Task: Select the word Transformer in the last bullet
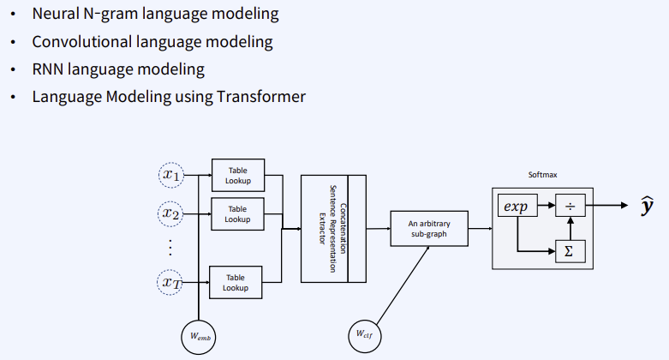pyautogui.click(x=257, y=96)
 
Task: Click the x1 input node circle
pyautogui.click(x=172, y=176)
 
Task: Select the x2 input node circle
pyautogui.click(x=172, y=213)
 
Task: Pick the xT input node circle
pyautogui.click(x=172, y=280)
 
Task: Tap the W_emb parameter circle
pyautogui.click(x=198, y=336)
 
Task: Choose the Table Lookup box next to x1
pyautogui.click(x=237, y=176)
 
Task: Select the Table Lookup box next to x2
pyautogui.click(x=237, y=213)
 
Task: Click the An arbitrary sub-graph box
pyautogui.click(x=429, y=229)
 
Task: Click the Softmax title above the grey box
pyautogui.click(x=543, y=174)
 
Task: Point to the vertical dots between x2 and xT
pyautogui.click(x=170, y=247)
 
